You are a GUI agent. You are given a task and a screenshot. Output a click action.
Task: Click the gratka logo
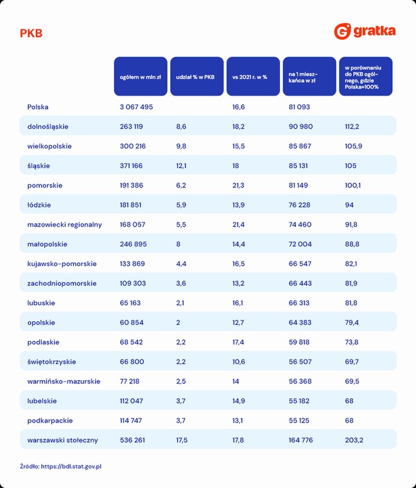point(365,31)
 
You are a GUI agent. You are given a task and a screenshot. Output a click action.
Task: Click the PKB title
point(31,33)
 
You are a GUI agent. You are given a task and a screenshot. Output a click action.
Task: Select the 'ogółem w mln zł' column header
point(141,76)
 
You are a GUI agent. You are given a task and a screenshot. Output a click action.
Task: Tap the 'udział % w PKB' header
point(197,76)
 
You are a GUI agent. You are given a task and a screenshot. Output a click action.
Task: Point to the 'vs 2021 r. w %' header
point(254,76)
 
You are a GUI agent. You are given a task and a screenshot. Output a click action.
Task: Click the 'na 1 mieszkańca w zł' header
point(309,76)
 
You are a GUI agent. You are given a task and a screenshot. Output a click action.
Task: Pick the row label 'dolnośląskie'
point(48,126)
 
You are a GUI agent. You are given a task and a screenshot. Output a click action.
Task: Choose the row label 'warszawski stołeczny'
point(62,440)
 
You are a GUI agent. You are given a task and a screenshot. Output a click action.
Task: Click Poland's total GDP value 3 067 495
point(136,107)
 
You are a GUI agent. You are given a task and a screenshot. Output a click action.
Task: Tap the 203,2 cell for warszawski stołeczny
point(354,440)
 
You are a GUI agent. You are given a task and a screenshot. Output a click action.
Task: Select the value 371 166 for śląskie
point(132,166)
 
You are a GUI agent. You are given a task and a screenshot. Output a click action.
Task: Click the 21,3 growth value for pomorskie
point(238,186)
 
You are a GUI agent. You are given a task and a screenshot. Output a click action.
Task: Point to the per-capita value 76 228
point(299,205)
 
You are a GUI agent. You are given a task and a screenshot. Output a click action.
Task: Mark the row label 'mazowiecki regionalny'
point(64,225)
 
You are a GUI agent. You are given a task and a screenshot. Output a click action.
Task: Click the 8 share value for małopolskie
point(178,244)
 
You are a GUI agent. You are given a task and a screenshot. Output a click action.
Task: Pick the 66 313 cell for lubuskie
point(299,303)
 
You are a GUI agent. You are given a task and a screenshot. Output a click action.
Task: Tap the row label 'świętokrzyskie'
point(51,362)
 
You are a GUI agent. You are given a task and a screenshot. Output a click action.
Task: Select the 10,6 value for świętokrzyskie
point(239,362)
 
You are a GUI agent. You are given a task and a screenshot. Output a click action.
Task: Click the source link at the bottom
point(71,466)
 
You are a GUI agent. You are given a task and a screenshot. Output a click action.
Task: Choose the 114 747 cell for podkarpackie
point(131,421)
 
